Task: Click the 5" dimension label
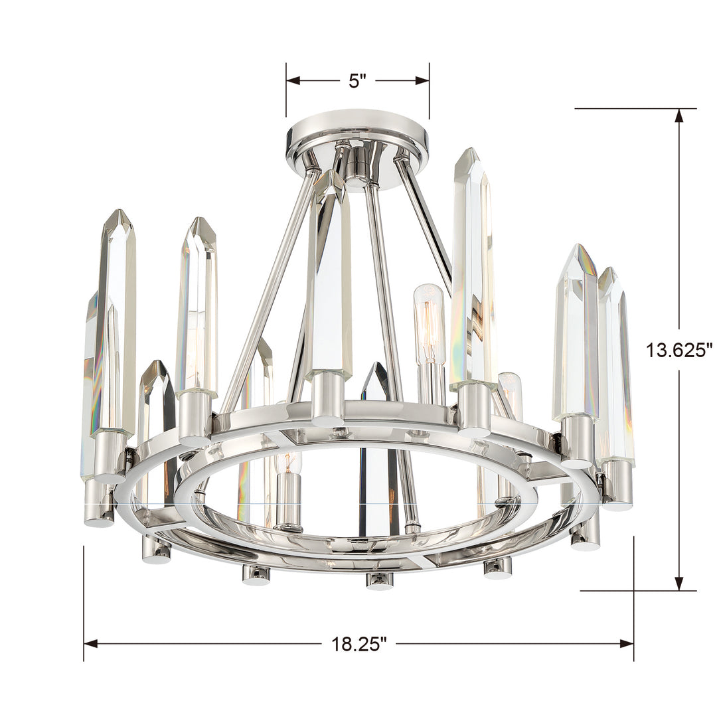358,81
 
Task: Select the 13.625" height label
678,351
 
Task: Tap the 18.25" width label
358,643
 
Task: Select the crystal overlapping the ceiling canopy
330,272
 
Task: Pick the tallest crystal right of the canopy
473,266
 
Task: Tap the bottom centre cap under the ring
379,580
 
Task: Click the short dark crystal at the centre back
376,382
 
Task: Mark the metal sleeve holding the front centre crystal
328,398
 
